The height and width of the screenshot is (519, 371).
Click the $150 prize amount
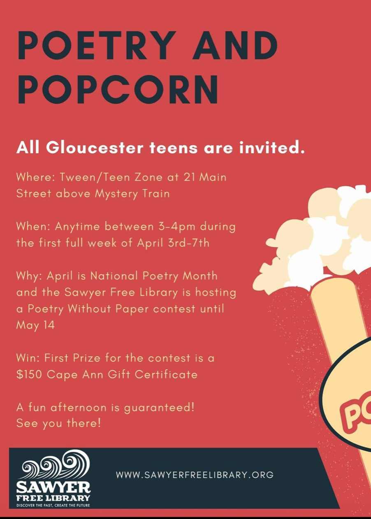[29, 375]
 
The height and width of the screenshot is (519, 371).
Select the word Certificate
[166, 375]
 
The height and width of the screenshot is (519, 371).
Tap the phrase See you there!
[59, 424]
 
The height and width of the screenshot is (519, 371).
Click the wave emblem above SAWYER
[56, 463]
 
